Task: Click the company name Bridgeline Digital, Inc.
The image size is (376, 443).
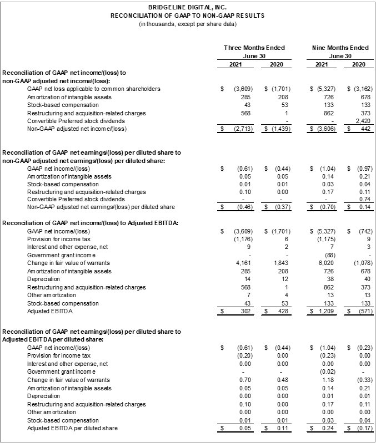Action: (187, 7)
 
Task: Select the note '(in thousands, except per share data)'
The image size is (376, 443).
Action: (187, 23)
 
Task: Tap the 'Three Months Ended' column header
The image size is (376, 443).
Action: (254, 48)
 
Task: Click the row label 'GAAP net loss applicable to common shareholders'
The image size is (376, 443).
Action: (94, 89)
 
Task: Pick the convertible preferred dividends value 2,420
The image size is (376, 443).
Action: (358, 120)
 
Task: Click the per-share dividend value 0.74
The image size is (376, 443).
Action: (360, 199)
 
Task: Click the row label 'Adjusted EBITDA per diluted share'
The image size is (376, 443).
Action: (72, 429)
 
